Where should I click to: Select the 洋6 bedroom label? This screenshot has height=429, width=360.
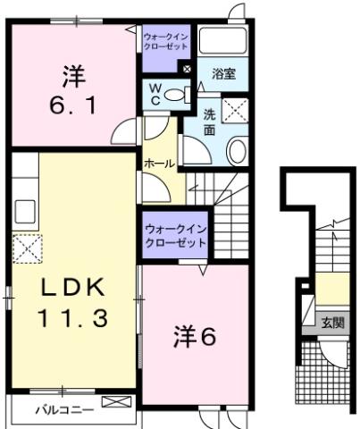[x=195, y=337]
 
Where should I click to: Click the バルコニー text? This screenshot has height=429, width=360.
[x=55, y=410]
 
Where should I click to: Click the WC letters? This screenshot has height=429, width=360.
[x=153, y=96]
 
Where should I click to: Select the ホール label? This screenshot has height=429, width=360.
[x=159, y=164]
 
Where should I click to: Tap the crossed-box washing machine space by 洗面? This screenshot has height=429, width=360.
[x=235, y=112]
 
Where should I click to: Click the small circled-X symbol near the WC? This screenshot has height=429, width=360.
[x=186, y=69]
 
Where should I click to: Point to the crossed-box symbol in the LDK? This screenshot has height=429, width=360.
[x=26, y=246]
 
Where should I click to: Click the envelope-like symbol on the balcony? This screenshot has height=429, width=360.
[x=115, y=404]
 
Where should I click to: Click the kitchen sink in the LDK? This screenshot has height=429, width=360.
[x=23, y=211]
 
